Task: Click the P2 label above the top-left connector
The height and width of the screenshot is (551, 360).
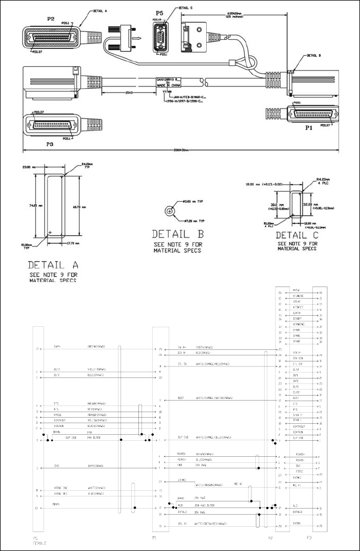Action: point(51,19)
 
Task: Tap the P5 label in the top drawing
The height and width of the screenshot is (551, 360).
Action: point(160,13)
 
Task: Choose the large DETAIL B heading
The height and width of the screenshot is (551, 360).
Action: point(178,233)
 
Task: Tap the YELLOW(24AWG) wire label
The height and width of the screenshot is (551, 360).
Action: point(99,419)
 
